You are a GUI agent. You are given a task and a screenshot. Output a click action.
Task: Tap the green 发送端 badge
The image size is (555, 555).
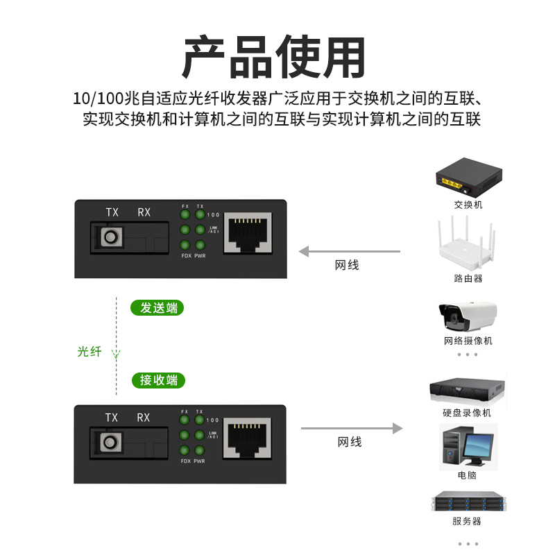[159, 308]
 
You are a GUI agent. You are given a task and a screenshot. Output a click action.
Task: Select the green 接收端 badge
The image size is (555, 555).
[159, 380]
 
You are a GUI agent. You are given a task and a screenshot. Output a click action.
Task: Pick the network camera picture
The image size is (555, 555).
[467, 316]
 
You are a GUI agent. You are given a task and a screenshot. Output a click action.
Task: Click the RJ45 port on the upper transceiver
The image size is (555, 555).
[247, 234]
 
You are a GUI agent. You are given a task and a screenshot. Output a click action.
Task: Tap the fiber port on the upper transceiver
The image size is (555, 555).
[110, 238]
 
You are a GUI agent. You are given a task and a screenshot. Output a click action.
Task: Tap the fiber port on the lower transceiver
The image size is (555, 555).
[110, 441]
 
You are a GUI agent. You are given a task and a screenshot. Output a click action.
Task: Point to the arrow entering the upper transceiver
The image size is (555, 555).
[350, 251]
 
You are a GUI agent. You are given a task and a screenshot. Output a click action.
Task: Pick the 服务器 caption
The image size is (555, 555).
[467, 521]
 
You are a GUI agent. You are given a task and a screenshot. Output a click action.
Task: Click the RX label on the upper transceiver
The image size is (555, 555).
[144, 212]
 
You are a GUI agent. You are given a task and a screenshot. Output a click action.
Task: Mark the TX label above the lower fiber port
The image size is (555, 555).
[111, 418]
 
